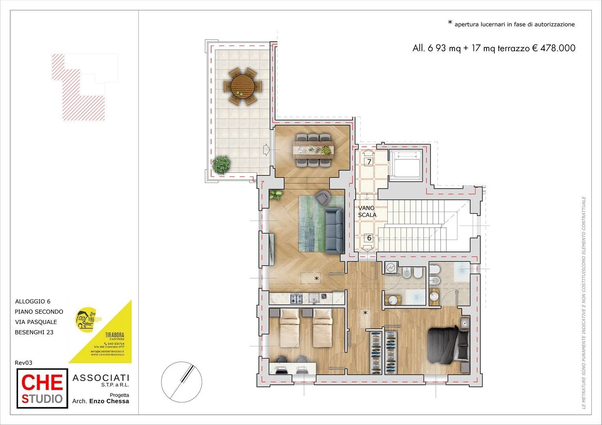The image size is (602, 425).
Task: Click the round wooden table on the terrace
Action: [242, 86]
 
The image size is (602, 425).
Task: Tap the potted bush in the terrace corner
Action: [221, 164]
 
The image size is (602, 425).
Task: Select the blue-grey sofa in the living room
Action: [334, 231]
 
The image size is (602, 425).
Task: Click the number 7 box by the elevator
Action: [369, 161]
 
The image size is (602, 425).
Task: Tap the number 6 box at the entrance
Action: [369, 238]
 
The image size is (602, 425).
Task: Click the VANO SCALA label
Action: [367, 211]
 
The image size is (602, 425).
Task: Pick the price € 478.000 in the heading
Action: [554, 48]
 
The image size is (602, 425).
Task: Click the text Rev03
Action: [23, 362]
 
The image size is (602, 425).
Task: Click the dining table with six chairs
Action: [313, 150]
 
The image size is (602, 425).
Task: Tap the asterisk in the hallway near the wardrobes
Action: [365, 313]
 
